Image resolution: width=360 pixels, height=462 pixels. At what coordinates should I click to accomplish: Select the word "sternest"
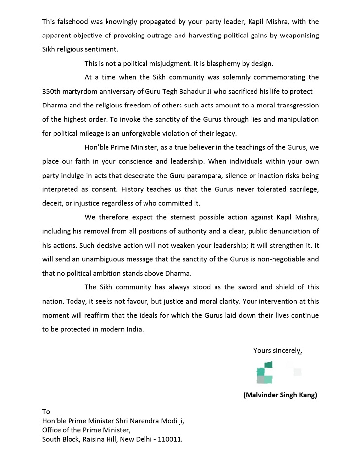(x=189, y=217)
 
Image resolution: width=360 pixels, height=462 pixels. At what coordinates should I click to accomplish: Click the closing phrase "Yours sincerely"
(x=277, y=351)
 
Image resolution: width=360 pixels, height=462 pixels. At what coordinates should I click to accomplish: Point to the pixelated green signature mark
(x=265, y=373)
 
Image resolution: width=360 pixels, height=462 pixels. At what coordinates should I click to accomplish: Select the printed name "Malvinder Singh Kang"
(x=280, y=395)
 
